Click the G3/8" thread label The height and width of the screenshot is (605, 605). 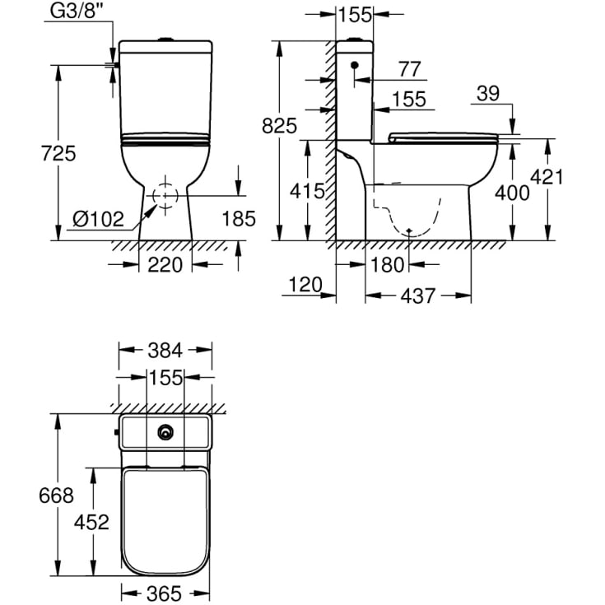pyautogui.click(x=77, y=12)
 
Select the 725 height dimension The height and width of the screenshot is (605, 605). pyautogui.click(x=58, y=154)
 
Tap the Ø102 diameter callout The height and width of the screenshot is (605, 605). pyautogui.click(x=99, y=219)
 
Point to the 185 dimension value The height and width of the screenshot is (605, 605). pyautogui.click(x=239, y=218)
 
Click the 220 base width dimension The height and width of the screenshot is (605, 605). pyautogui.click(x=165, y=265)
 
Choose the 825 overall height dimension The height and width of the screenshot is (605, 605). pyautogui.click(x=279, y=126)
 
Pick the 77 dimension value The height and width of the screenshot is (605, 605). pyautogui.click(x=409, y=69)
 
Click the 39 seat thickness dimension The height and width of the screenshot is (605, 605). pyautogui.click(x=488, y=93)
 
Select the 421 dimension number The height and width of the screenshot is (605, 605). pyautogui.click(x=547, y=177)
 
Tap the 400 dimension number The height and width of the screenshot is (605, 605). pyautogui.click(x=512, y=193)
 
